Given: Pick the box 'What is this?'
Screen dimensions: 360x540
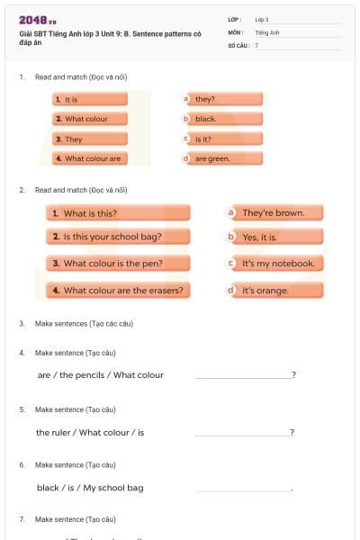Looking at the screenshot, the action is click(118, 213).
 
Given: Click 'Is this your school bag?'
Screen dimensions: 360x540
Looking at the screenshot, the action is click(118, 237).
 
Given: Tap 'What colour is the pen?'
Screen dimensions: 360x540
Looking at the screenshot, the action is click(118, 264).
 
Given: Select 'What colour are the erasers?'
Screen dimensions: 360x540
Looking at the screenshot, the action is click(118, 291).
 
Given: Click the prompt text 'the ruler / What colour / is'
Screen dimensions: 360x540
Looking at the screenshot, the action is click(90, 432).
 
